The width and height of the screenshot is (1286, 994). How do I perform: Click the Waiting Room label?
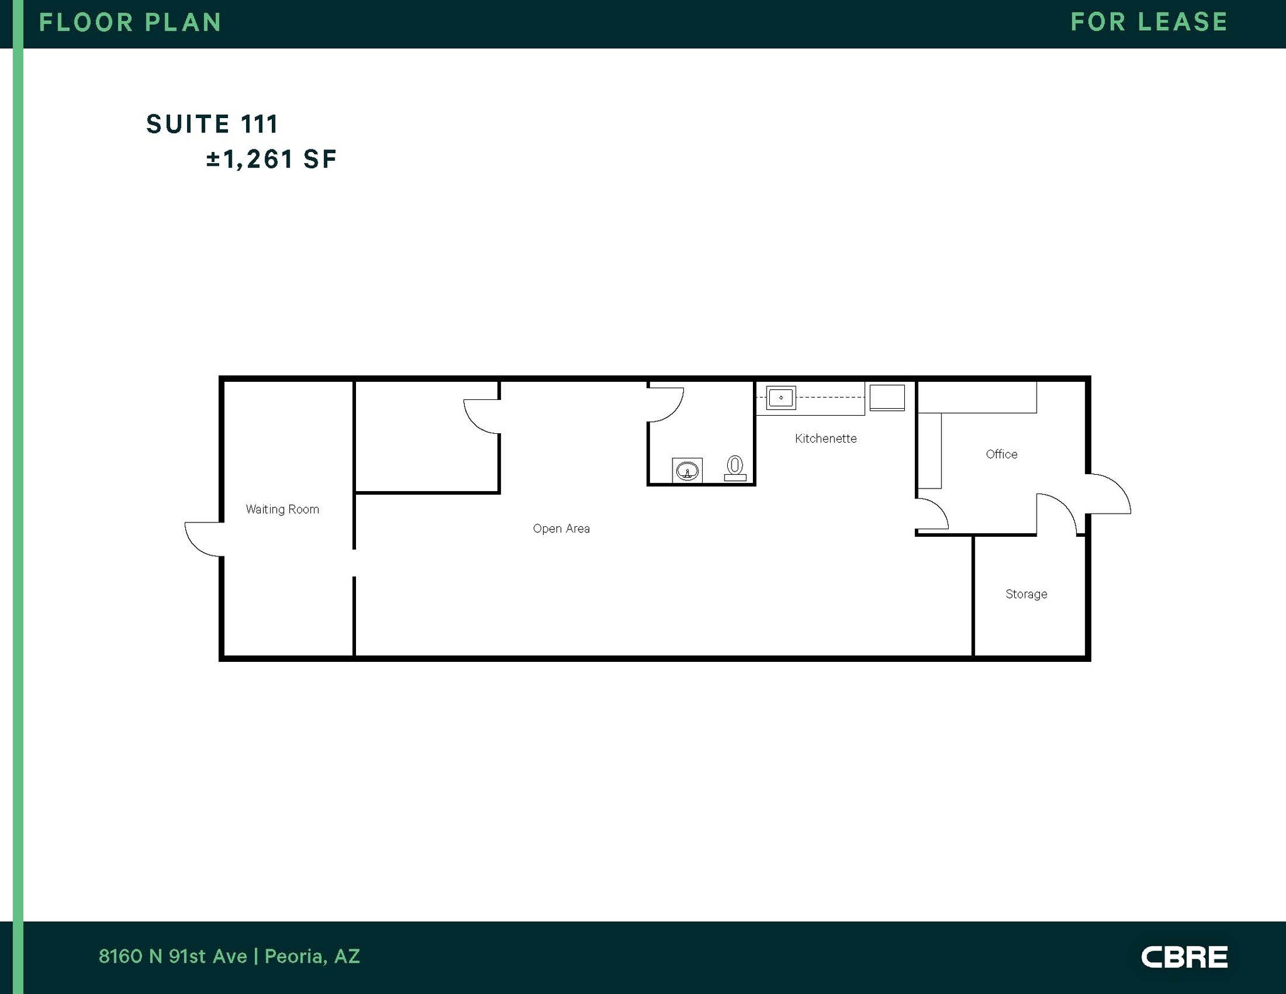(x=282, y=509)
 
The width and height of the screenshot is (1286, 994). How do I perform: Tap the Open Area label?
(x=561, y=529)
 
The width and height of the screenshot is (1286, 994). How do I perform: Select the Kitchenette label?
(x=826, y=438)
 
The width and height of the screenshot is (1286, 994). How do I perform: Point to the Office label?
(x=1002, y=454)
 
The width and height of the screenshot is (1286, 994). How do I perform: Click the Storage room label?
(x=1026, y=594)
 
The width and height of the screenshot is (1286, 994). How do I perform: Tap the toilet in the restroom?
(x=735, y=468)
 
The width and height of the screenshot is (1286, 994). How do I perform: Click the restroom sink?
(x=687, y=470)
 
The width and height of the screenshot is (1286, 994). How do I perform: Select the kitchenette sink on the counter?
(x=781, y=397)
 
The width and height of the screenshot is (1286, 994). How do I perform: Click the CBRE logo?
(x=1184, y=957)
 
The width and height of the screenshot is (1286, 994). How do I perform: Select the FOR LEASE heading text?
(x=1149, y=22)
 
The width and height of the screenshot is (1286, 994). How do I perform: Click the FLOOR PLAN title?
(x=130, y=23)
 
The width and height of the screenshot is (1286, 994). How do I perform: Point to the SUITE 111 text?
(x=212, y=124)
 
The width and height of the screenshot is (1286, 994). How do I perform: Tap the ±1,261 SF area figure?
(x=271, y=159)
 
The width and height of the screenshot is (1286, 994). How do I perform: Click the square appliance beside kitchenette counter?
(x=887, y=398)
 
